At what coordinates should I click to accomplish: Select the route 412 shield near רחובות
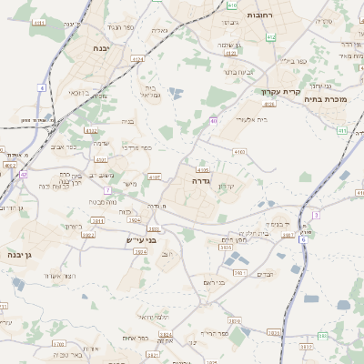point(270,36)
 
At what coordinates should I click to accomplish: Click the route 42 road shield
point(24,173)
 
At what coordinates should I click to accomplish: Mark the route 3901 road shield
point(238,273)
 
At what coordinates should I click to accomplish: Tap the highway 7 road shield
point(107,190)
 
